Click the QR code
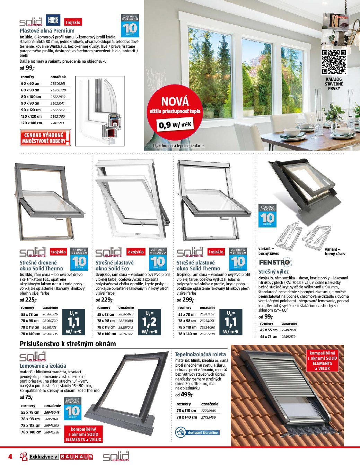tap(334, 62)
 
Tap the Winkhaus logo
tap(53, 20)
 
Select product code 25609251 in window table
tap(58, 83)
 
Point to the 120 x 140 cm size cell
tap(32, 123)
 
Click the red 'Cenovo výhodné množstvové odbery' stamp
tap(45, 138)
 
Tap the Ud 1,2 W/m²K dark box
tap(149, 322)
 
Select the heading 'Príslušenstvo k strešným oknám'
tap(68, 344)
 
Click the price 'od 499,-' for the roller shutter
tap(183, 395)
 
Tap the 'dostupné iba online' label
tap(203, 432)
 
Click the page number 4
tap(10, 457)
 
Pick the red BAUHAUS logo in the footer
tap(77, 457)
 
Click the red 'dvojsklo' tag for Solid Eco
tap(136, 252)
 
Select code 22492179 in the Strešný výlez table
tap(288, 337)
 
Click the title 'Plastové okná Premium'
tap(47, 30)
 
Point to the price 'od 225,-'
tap(28, 300)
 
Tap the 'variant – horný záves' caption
tap(335, 251)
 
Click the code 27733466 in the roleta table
tap(208, 417)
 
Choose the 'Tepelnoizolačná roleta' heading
tap(200, 355)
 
